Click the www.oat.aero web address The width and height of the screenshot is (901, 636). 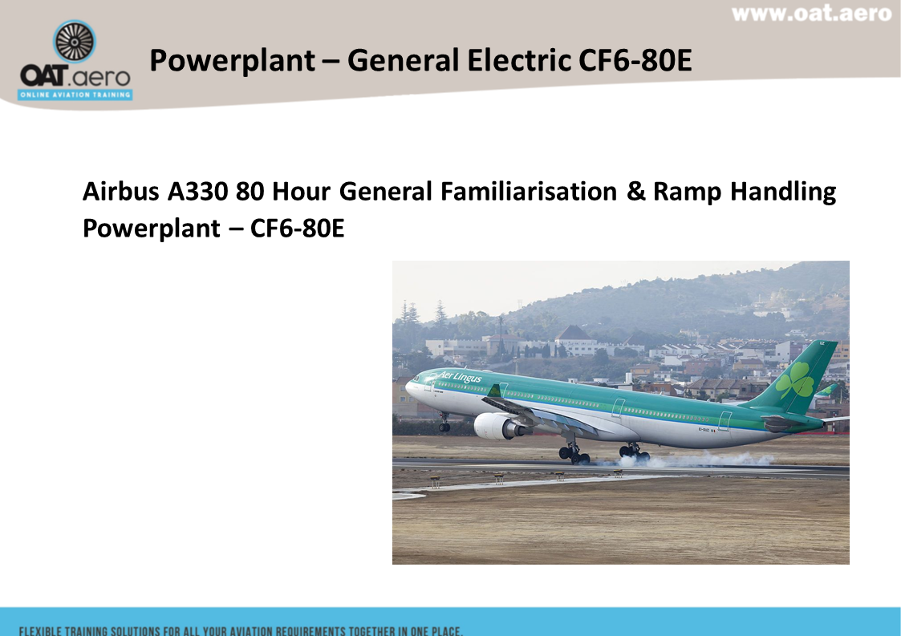(811, 13)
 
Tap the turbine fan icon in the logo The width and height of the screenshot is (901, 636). (74, 42)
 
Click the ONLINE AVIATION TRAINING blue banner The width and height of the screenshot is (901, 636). (75, 95)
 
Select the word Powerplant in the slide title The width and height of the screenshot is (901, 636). (232, 61)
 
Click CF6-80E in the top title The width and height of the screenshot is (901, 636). (635, 60)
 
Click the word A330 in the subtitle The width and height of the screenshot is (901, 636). (197, 192)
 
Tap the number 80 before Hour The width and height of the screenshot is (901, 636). (250, 192)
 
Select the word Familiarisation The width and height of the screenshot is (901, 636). (528, 192)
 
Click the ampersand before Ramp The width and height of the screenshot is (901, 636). (635, 192)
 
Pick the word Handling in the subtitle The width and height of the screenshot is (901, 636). (782, 192)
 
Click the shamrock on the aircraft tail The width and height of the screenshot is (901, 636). (795, 381)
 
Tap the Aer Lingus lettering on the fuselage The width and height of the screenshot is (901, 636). (460, 377)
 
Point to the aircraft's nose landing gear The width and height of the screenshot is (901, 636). (444, 423)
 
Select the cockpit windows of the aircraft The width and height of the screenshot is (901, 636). (415, 379)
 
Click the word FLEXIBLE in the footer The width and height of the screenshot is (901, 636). (39, 631)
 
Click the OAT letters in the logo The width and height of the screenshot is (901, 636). (43, 75)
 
